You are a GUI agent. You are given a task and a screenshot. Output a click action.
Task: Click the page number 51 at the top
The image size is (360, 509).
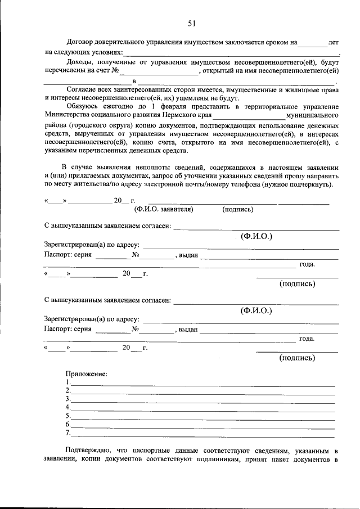191,23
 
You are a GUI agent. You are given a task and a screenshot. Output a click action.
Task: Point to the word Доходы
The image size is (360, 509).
80,62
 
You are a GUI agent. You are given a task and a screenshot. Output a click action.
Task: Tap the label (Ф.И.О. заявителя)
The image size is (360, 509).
164,210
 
